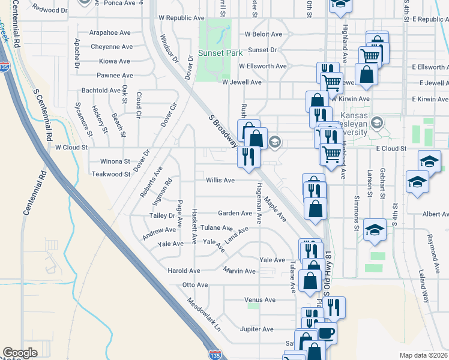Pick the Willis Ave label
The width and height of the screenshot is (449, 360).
coord(220,179)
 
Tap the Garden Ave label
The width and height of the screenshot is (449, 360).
coord(235,213)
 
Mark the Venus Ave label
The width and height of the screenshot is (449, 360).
coord(260,299)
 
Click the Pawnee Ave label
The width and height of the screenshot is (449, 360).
coord(115,76)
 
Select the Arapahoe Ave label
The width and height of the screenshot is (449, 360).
coord(111,32)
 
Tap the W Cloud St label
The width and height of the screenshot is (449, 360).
coord(71,146)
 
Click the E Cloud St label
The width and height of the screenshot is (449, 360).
coord(391,148)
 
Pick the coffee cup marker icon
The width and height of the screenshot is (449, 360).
coord(327,332)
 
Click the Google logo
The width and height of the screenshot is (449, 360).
coord(20,353)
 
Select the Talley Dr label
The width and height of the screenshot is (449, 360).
coord(163,215)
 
